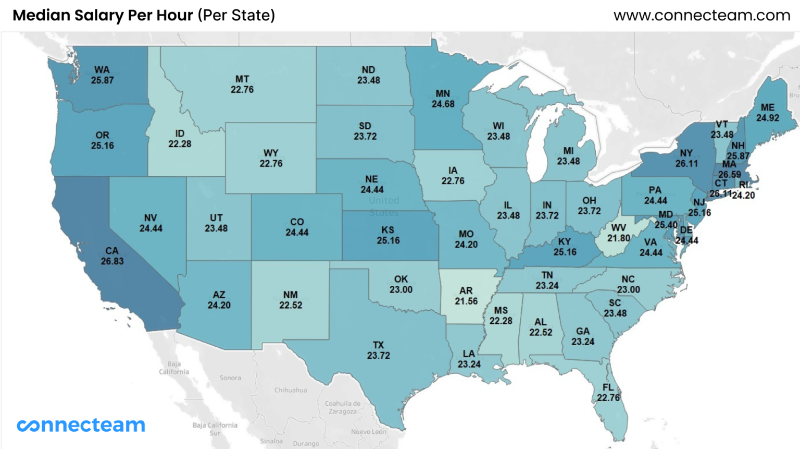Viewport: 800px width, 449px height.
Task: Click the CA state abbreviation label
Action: (112, 251)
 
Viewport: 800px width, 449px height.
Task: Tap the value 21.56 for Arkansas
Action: (466, 301)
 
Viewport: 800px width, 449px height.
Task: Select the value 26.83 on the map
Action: (112, 261)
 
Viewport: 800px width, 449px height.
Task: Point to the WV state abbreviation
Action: (619, 228)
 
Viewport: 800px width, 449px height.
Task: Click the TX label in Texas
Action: (378, 345)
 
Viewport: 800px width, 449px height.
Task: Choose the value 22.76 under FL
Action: (608, 397)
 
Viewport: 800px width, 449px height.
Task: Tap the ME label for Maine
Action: (767, 107)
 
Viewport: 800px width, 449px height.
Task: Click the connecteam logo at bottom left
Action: (81, 425)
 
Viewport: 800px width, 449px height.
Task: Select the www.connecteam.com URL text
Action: (702, 16)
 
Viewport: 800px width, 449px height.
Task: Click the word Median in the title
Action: (41, 16)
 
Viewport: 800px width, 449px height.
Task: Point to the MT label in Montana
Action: (242, 79)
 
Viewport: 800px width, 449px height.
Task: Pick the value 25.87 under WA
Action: (102, 80)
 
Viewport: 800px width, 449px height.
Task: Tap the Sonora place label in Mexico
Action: (230, 378)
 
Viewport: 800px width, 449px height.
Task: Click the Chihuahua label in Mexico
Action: (291, 390)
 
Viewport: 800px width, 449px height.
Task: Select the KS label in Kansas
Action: (388, 230)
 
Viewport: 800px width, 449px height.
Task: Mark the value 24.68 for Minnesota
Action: (443, 104)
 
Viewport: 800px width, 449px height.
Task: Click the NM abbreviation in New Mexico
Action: (291, 295)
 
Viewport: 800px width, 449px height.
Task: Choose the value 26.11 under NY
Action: (686, 164)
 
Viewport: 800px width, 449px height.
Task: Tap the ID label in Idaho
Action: (180, 134)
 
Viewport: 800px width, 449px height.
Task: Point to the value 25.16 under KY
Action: (565, 252)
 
